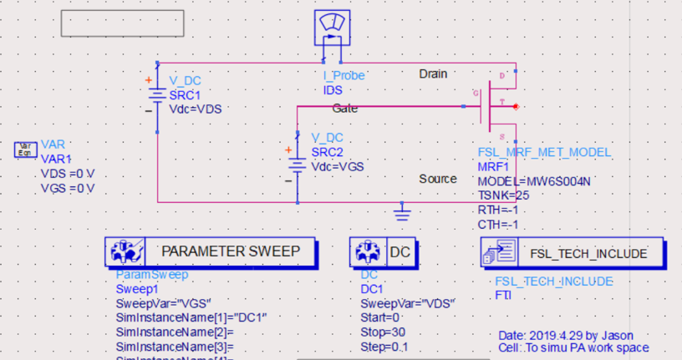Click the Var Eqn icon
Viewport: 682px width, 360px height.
[26, 150]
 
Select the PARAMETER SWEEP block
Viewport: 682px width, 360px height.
[212, 251]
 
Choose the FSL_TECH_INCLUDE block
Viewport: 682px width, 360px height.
[573, 252]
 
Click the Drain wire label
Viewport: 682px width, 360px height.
[433, 74]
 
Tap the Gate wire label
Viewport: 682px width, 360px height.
[345, 109]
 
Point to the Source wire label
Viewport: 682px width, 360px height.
[438, 179]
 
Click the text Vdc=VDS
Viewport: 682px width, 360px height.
[196, 109]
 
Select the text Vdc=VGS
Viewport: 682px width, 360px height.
[338, 166]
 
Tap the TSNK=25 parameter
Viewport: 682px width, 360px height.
[503, 195]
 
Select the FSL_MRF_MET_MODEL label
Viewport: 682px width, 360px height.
[544, 153]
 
